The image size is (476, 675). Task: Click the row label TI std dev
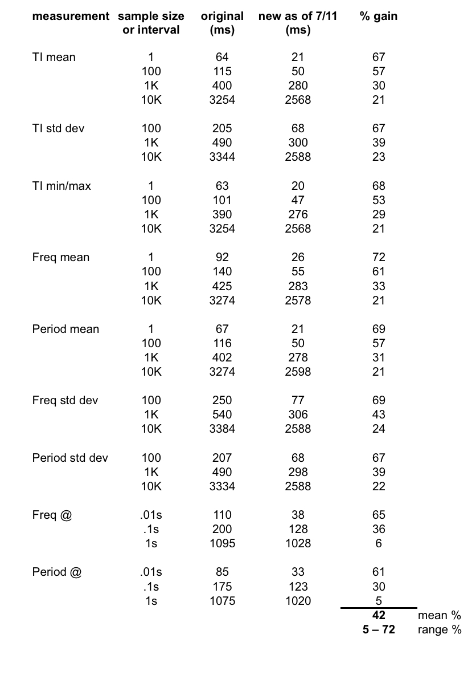pos(58,128)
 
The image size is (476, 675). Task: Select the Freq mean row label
pos(61,257)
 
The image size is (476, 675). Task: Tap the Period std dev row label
pos(70,458)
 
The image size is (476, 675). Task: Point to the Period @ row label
pos(57,572)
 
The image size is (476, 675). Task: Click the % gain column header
pos(379,16)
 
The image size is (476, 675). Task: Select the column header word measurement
pos(71,16)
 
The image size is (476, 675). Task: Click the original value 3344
pos(222,157)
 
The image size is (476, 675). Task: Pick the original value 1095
pos(222,543)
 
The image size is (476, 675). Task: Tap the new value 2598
pos(298,372)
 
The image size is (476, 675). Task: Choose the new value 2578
pos(298,300)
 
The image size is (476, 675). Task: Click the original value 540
pos(222,414)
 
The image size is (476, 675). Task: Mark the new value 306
pos(298,414)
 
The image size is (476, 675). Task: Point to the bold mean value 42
pos(379,615)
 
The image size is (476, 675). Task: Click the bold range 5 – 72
pos(379,629)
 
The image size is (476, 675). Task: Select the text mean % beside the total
pos(439,615)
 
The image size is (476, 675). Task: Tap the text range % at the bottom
pos(439,630)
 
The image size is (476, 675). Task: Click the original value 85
pos(222,572)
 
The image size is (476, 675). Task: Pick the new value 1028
pos(298,543)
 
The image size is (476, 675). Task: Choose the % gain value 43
pos(379,414)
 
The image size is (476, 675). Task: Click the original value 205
pos(222,128)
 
